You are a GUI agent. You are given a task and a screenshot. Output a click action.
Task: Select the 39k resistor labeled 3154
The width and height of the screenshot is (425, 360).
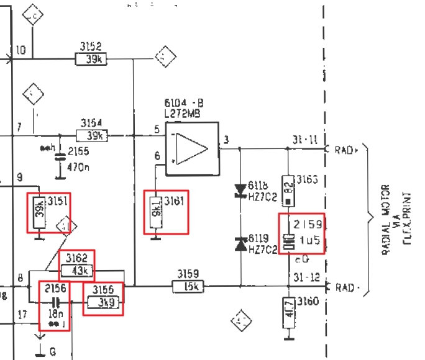92,135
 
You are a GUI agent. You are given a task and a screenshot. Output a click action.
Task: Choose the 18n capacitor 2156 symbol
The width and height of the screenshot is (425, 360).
55,302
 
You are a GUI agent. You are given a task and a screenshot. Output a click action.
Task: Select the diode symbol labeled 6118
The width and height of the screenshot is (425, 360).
240,190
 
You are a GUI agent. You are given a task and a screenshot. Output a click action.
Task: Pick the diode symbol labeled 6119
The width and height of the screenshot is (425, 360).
240,245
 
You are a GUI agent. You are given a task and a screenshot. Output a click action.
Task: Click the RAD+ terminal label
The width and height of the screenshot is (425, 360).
345,150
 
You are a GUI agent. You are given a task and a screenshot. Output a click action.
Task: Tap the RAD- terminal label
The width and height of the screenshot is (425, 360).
345,287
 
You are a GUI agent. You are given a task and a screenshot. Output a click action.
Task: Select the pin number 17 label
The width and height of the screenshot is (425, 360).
22,315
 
